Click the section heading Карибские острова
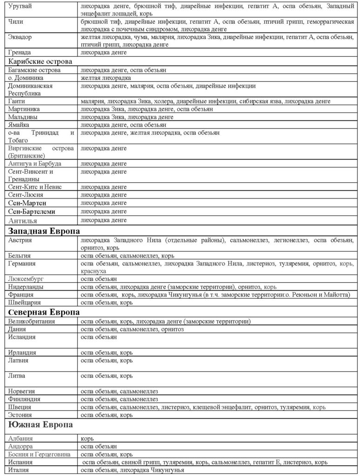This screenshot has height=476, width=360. click(40, 61)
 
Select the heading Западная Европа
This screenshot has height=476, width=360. click(44, 231)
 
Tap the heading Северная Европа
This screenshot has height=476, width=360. click(44, 311)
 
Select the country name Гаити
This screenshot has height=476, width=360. click(17, 101)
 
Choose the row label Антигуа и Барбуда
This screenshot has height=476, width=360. click(35, 164)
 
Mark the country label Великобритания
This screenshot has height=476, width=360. click(32, 321)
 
